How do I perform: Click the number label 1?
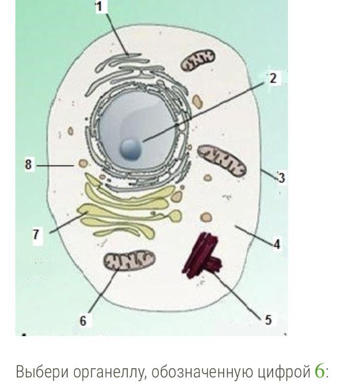(x=99, y=7)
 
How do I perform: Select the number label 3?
(x=281, y=178)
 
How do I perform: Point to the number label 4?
(x=277, y=244)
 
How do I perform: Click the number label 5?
(x=268, y=320)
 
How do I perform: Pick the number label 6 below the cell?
(x=83, y=321)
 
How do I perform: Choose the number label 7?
(x=36, y=234)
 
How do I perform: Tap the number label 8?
(x=29, y=165)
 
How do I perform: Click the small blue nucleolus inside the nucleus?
(x=130, y=149)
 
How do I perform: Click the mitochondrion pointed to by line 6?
(x=129, y=261)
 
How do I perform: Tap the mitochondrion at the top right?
(x=198, y=60)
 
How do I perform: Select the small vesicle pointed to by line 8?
(x=81, y=165)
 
